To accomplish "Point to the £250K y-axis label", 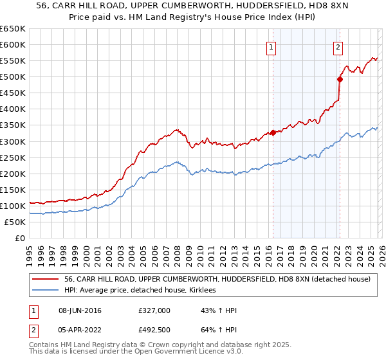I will [13, 157].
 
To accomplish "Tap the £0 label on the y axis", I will [19, 238].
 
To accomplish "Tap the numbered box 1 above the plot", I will [271, 47].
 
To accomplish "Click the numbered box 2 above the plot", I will [338, 47].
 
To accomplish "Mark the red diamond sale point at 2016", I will [273, 132].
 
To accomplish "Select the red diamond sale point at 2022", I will [339, 79].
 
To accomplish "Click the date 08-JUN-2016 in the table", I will [80, 310].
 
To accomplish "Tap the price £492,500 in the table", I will [154, 330].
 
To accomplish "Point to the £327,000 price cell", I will [154, 310].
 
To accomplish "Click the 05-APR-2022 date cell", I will [80, 330].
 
